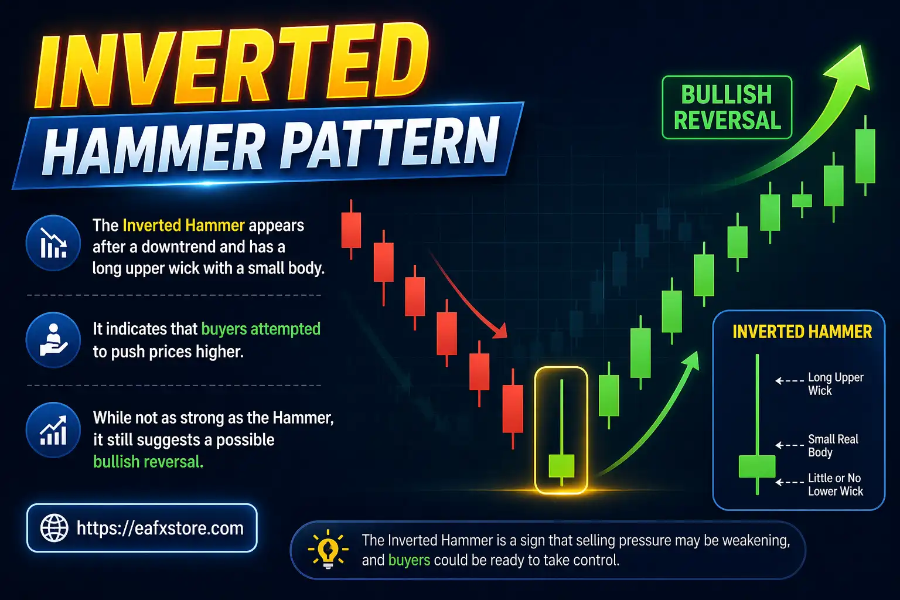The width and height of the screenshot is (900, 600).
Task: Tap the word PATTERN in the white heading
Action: (x=390, y=144)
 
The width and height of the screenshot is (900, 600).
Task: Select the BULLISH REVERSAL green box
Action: (x=727, y=107)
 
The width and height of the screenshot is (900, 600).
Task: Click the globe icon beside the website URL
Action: (x=54, y=528)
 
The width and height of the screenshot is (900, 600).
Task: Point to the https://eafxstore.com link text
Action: (x=160, y=528)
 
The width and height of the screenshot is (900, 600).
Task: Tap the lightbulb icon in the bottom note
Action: (x=328, y=550)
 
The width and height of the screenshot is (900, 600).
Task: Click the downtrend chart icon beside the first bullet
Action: (x=53, y=243)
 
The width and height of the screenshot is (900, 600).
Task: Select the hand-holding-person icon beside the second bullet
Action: (x=53, y=340)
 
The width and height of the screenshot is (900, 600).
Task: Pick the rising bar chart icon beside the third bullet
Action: (x=53, y=430)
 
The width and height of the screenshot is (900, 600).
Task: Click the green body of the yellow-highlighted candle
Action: (x=561, y=465)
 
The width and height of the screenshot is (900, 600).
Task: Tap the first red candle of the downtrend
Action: (x=351, y=230)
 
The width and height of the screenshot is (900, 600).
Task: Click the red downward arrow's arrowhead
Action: (x=500, y=332)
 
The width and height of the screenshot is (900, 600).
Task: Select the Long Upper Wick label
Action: (x=835, y=384)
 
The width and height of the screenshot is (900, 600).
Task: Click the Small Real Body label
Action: (x=833, y=445)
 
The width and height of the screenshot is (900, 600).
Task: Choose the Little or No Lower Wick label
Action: (x=835, y=485)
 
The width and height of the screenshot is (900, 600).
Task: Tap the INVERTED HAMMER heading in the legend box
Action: (x=802, y=332)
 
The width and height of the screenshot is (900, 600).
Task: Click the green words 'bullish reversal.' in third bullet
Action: (x=148, y=462)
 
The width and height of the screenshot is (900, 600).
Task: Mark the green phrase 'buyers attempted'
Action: (x=261, y=329)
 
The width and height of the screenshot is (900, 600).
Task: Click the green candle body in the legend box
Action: (x=756, y=466)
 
